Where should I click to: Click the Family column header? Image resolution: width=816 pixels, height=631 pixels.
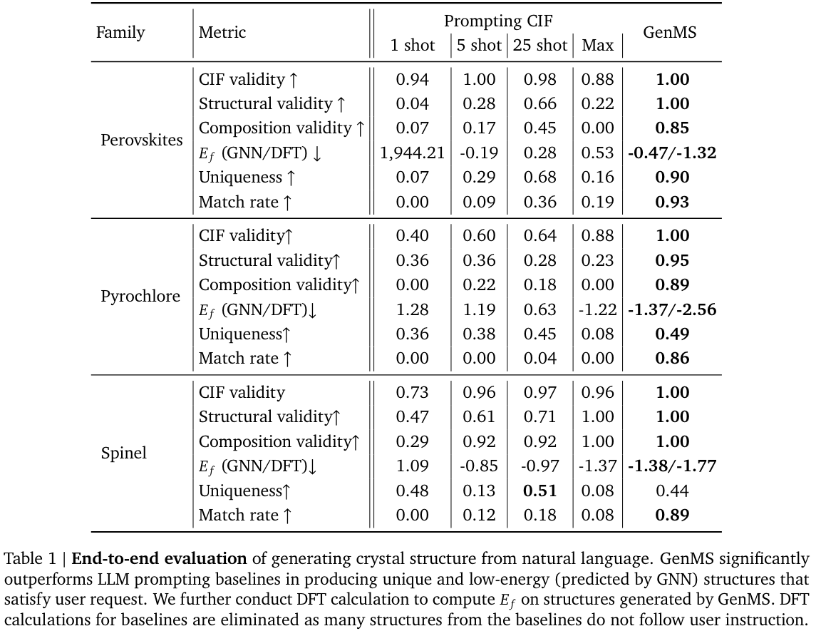(x=120, y=33)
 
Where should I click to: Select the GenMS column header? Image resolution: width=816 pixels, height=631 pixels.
(x=670, y=33)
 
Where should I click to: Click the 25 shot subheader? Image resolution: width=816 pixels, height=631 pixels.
(x=539, y=46)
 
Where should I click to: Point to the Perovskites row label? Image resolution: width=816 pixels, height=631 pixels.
(x=142, y=140)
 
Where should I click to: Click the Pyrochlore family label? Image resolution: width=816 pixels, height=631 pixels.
(x=140, y=296)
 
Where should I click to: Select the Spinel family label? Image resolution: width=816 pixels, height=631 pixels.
(x=124, y=453)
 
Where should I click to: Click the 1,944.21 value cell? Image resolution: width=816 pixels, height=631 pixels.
(x=412, y=153)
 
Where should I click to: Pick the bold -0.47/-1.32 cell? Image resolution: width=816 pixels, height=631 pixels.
(x=672, y=153)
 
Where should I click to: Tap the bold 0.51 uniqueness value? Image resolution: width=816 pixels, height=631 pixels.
(x=539, y=491)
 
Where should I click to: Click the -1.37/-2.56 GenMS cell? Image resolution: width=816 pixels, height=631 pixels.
(x=672, y=309)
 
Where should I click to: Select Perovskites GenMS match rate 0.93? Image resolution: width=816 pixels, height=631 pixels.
(x=671, y=202)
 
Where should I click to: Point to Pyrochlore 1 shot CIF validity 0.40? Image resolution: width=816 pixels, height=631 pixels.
(x=412, y=236)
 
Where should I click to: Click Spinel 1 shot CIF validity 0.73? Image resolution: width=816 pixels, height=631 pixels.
(x=412, y=393)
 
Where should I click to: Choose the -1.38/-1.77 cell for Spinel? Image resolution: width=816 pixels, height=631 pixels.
(x=672, y=466)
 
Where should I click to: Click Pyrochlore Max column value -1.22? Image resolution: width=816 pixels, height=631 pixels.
(x=597, y=309)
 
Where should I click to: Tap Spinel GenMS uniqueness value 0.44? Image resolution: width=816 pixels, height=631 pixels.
(x=671, y=491)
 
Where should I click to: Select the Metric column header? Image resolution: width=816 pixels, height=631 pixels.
(x=222, y=33)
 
